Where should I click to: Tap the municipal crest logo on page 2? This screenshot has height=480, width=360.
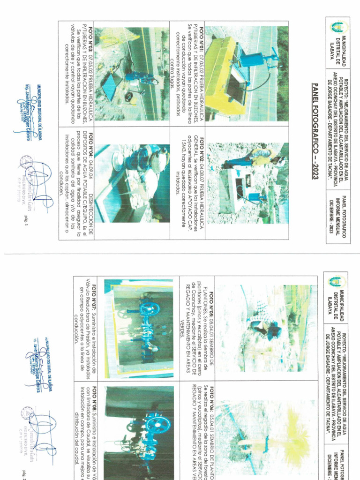(x=336, y=282)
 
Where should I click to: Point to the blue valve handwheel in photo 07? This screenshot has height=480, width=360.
(x=150, y=310)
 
